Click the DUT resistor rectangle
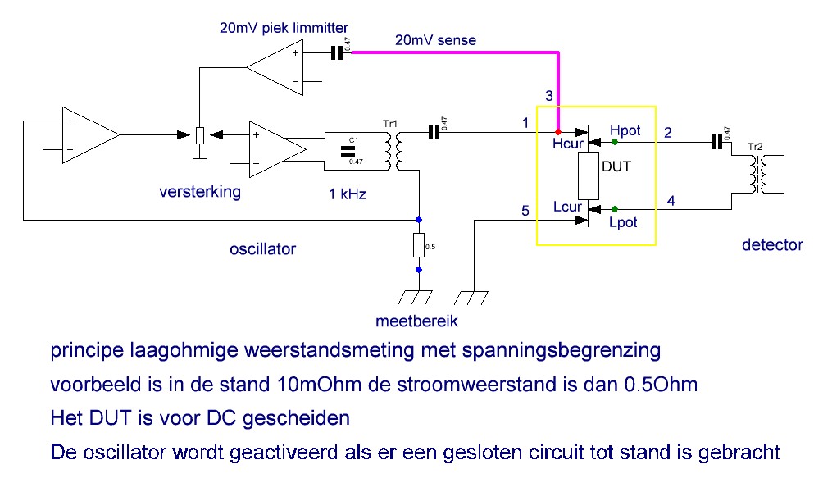pos(589,175)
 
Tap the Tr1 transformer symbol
pos(393,151)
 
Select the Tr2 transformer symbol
pos(758,175)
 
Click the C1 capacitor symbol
pos(348,151)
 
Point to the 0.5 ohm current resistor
pos(418,245)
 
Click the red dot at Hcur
pos(558,132)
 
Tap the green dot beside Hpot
pos(615,142)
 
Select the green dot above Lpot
pos(615,209)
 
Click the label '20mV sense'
pos(435,40)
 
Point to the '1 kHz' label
pos(347,194)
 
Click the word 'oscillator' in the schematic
pos(262,248)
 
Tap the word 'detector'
pos(772,244)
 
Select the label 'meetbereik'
pos(416,321)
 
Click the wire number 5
pos(525,211)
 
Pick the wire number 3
pos(549,96)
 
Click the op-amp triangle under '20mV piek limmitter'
pos(275,67)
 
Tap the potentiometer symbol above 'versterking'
pos(199,135)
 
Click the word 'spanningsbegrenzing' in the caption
pos(561,351)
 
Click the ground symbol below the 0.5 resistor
pos(415,297)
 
